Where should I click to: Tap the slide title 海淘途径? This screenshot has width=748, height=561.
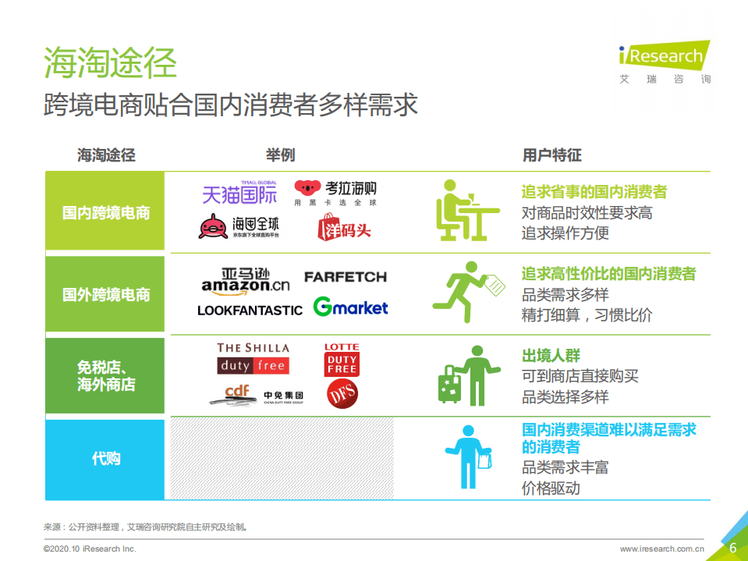coord(110,62)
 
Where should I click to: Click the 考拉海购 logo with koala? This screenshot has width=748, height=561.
coord(335,192)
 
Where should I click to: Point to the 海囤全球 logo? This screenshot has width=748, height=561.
coord(239,227)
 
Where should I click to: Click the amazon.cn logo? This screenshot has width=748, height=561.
coord(245,280)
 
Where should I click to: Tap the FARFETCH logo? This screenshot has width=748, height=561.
coord(345,277)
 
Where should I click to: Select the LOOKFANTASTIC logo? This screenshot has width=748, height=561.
coord(250,310)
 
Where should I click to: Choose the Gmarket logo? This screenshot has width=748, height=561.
coord(350,307)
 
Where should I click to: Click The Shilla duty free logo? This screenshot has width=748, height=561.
coord(253,358)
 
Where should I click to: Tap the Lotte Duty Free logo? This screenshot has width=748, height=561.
coord(342,360)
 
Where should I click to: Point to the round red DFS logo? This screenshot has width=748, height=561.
coord(342,394)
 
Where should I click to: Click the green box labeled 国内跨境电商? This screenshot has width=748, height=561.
coord(105,212)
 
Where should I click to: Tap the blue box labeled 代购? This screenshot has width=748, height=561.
coord(105,459)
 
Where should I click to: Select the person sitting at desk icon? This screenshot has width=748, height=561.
coord(466,210)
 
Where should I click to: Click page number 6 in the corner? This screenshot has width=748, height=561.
coord(732,548)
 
